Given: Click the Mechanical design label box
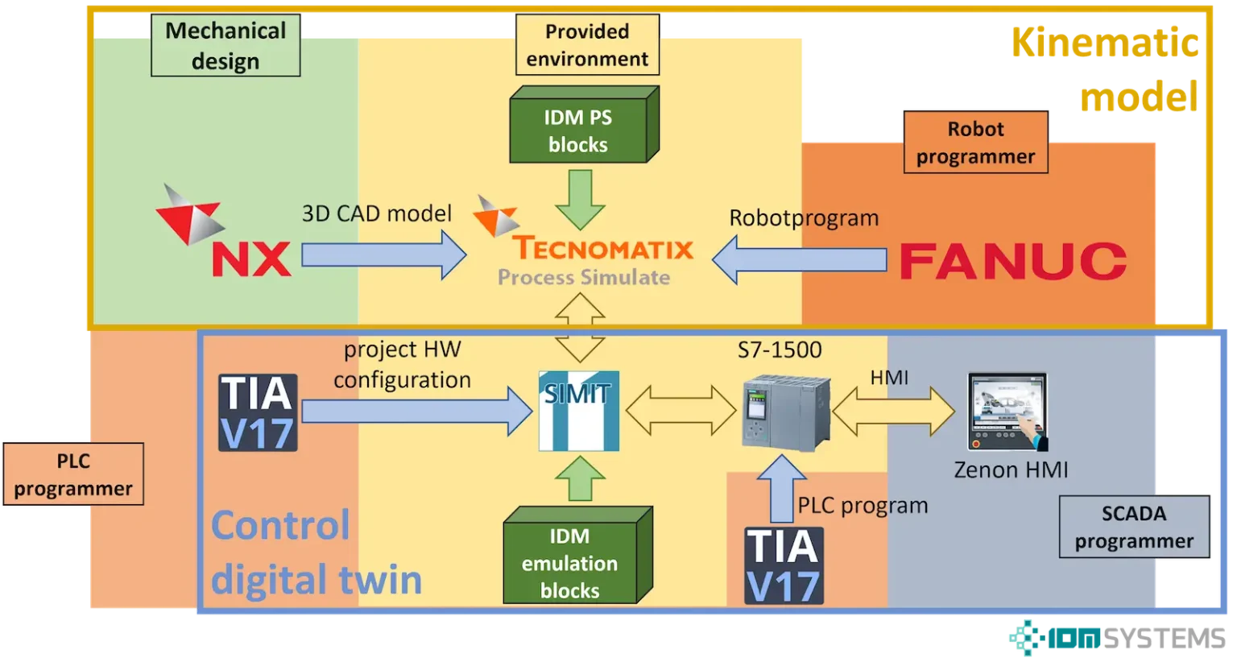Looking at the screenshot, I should [x=225, y=46].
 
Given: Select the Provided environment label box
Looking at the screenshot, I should [x=587, y=46].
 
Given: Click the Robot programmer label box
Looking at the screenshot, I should [x=975, y=143].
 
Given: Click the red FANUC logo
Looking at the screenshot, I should [x=1012, y=261].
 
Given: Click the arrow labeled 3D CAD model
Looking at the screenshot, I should [x=383, y=255].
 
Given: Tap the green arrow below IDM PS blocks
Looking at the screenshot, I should [x=580, y=198].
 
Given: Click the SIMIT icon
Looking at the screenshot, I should [x=578, y=411].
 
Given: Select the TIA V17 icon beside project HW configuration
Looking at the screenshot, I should [x=258, y=412].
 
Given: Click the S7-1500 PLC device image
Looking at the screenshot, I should [x=784, y=412].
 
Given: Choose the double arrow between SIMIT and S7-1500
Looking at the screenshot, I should [x=681, y=410].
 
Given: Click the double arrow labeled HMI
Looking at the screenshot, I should [x=893, y=411].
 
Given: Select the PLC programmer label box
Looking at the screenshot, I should [x=73, y=474].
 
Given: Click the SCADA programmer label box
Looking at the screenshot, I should [x=1134, y=527].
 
